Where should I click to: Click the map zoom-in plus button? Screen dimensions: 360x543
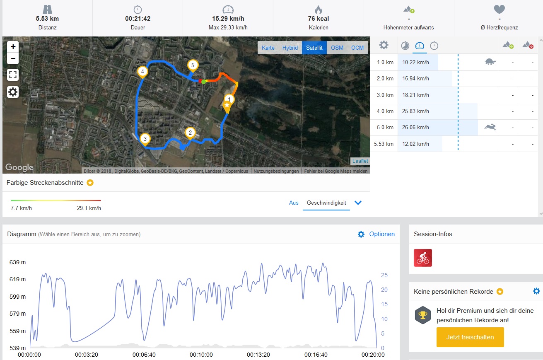(13, 46)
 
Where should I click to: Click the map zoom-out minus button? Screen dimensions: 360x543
(13, 58)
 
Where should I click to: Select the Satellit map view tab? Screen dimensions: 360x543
(314, 48)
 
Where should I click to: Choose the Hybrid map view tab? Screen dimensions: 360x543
(290, 48)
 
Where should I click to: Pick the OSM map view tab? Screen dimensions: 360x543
(337, 48)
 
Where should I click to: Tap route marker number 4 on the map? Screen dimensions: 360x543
(142, 72)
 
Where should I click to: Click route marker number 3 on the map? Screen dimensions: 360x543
(145, 139)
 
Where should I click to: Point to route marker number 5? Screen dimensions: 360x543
(192, 65)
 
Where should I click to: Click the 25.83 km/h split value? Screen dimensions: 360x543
(418, 111)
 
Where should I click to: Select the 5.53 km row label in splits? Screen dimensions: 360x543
(384, 144)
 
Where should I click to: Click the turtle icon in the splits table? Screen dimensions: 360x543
(490, 62)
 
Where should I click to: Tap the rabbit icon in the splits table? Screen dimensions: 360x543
(490, 127)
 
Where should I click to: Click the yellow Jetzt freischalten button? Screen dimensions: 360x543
(470, 337)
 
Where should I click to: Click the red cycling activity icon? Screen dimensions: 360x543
(423, 258)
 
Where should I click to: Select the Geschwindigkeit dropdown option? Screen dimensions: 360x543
(326, 203)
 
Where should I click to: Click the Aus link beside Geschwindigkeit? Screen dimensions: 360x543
(294, 203)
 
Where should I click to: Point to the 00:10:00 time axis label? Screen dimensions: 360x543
(201, 355)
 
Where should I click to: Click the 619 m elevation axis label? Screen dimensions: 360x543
(17, 279)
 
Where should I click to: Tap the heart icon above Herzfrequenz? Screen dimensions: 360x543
(499, 10)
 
